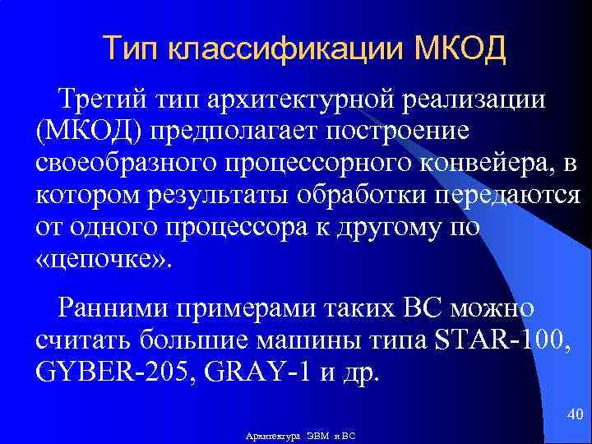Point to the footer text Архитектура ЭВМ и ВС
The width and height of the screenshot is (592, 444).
pyautogui.click(x=301, y=434)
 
